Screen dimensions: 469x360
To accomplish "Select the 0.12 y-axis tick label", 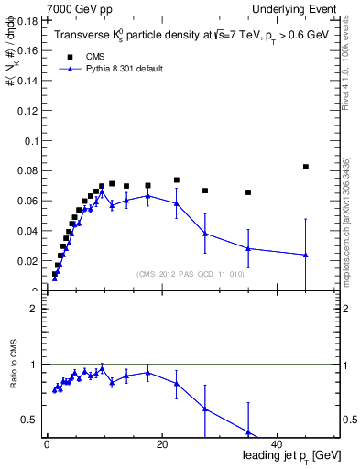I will [28, 110].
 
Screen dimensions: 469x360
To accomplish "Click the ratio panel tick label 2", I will [33, 309].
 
